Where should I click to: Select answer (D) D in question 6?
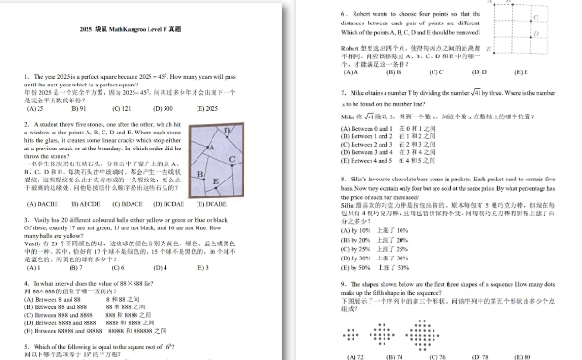pyautogui.click(x=479, y=71)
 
